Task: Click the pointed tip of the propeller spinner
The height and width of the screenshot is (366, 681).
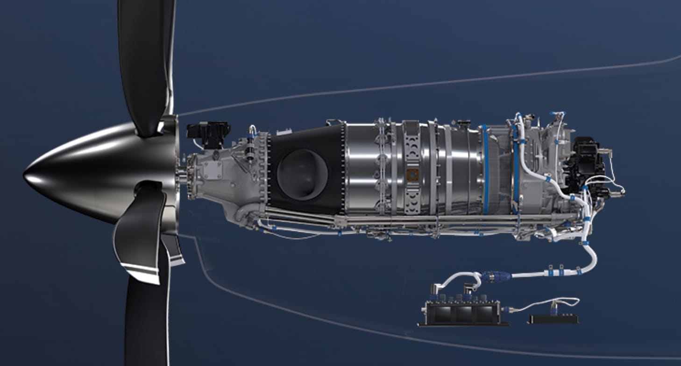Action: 26,176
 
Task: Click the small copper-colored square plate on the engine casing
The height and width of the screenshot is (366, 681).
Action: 413,175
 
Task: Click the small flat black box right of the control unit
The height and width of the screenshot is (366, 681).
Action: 553,319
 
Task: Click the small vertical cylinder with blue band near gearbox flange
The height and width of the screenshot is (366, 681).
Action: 251,149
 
